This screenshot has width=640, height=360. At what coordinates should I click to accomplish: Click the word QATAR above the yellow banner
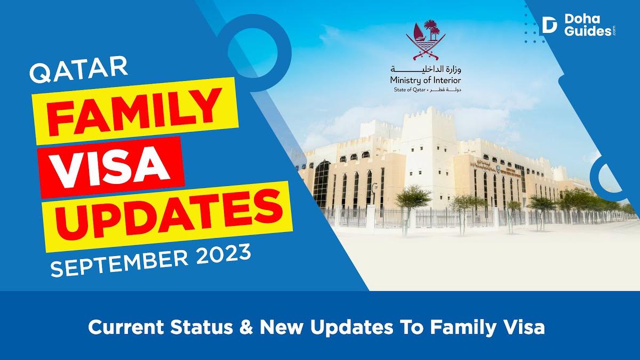click(x=78, y=72)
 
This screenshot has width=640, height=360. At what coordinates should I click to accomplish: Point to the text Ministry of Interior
click(x=426, y=80)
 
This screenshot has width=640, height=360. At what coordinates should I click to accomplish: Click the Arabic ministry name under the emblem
click(x=426, y=69)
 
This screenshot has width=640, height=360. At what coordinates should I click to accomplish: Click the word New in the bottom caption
click(x=281, y=327)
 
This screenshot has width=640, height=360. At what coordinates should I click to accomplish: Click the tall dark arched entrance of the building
click(x=322, y=184)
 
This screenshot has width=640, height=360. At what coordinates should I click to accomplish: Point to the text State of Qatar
click(x=406, y=90)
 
